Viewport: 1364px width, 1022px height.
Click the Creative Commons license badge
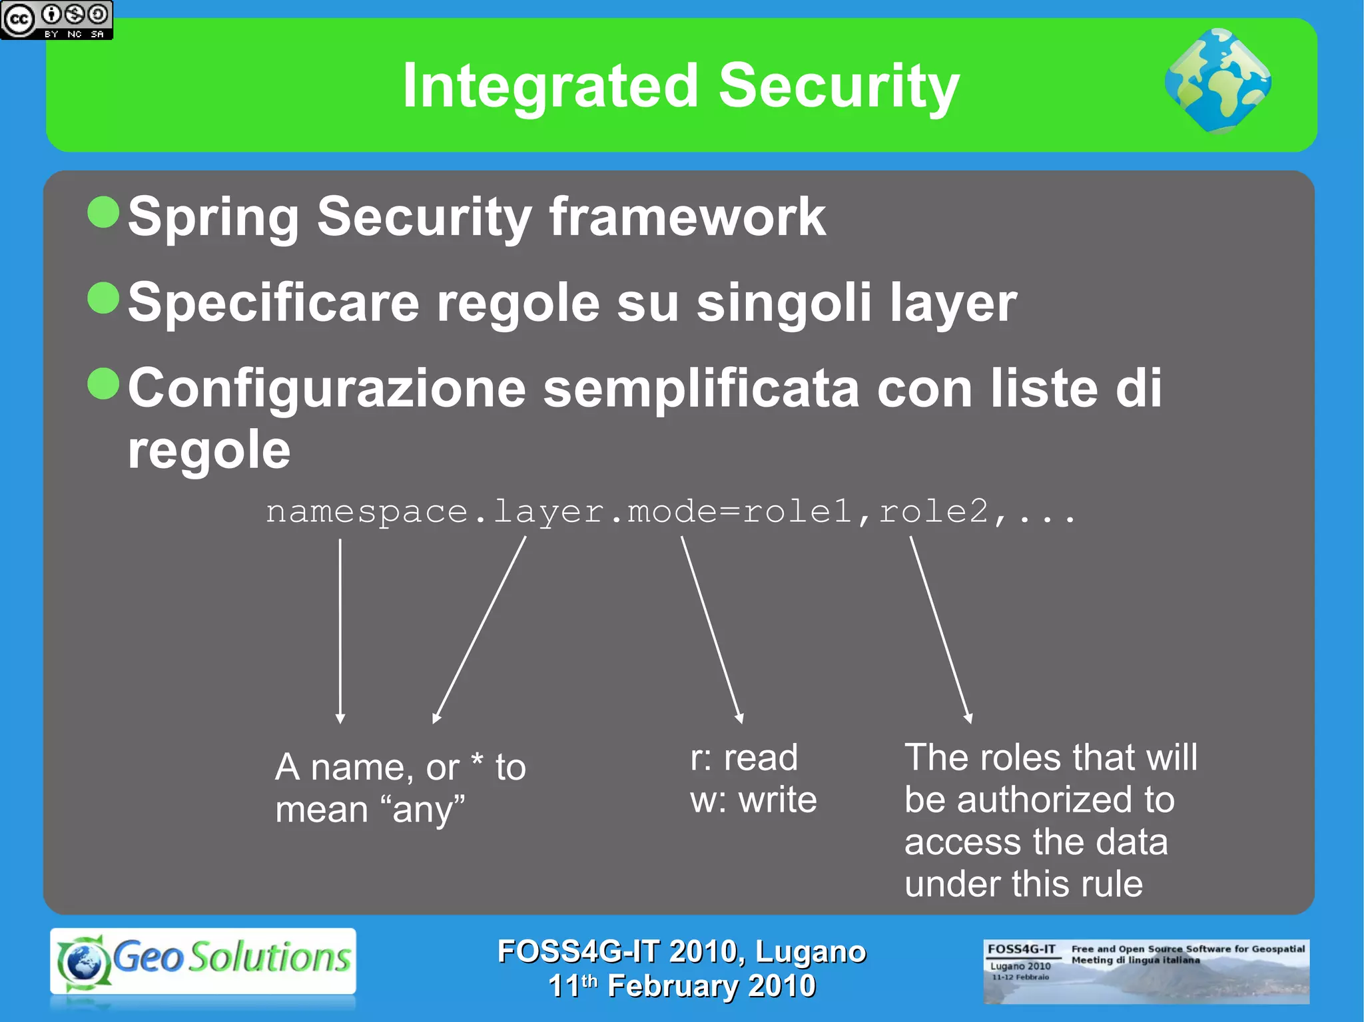coord(57,20)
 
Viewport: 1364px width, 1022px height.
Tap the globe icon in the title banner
coord(1217,81)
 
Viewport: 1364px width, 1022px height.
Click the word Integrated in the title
coord(550,86)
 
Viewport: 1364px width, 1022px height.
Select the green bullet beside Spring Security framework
coord(103,212)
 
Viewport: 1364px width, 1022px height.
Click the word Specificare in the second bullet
coord(273,302)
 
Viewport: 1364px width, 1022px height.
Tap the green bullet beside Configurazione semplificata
coord(103,383)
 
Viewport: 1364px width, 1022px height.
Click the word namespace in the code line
coord(366,512)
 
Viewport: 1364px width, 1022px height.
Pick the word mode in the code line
coord(671,512)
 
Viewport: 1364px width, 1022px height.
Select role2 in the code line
coord(933,512)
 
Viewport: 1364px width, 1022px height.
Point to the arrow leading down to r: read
coord(711,629)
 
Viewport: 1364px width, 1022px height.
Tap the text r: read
coord(743,758)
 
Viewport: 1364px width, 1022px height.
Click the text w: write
coord(753,800)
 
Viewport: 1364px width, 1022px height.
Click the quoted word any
coord(424,810)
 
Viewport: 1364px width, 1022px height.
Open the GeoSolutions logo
coord(203,961)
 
